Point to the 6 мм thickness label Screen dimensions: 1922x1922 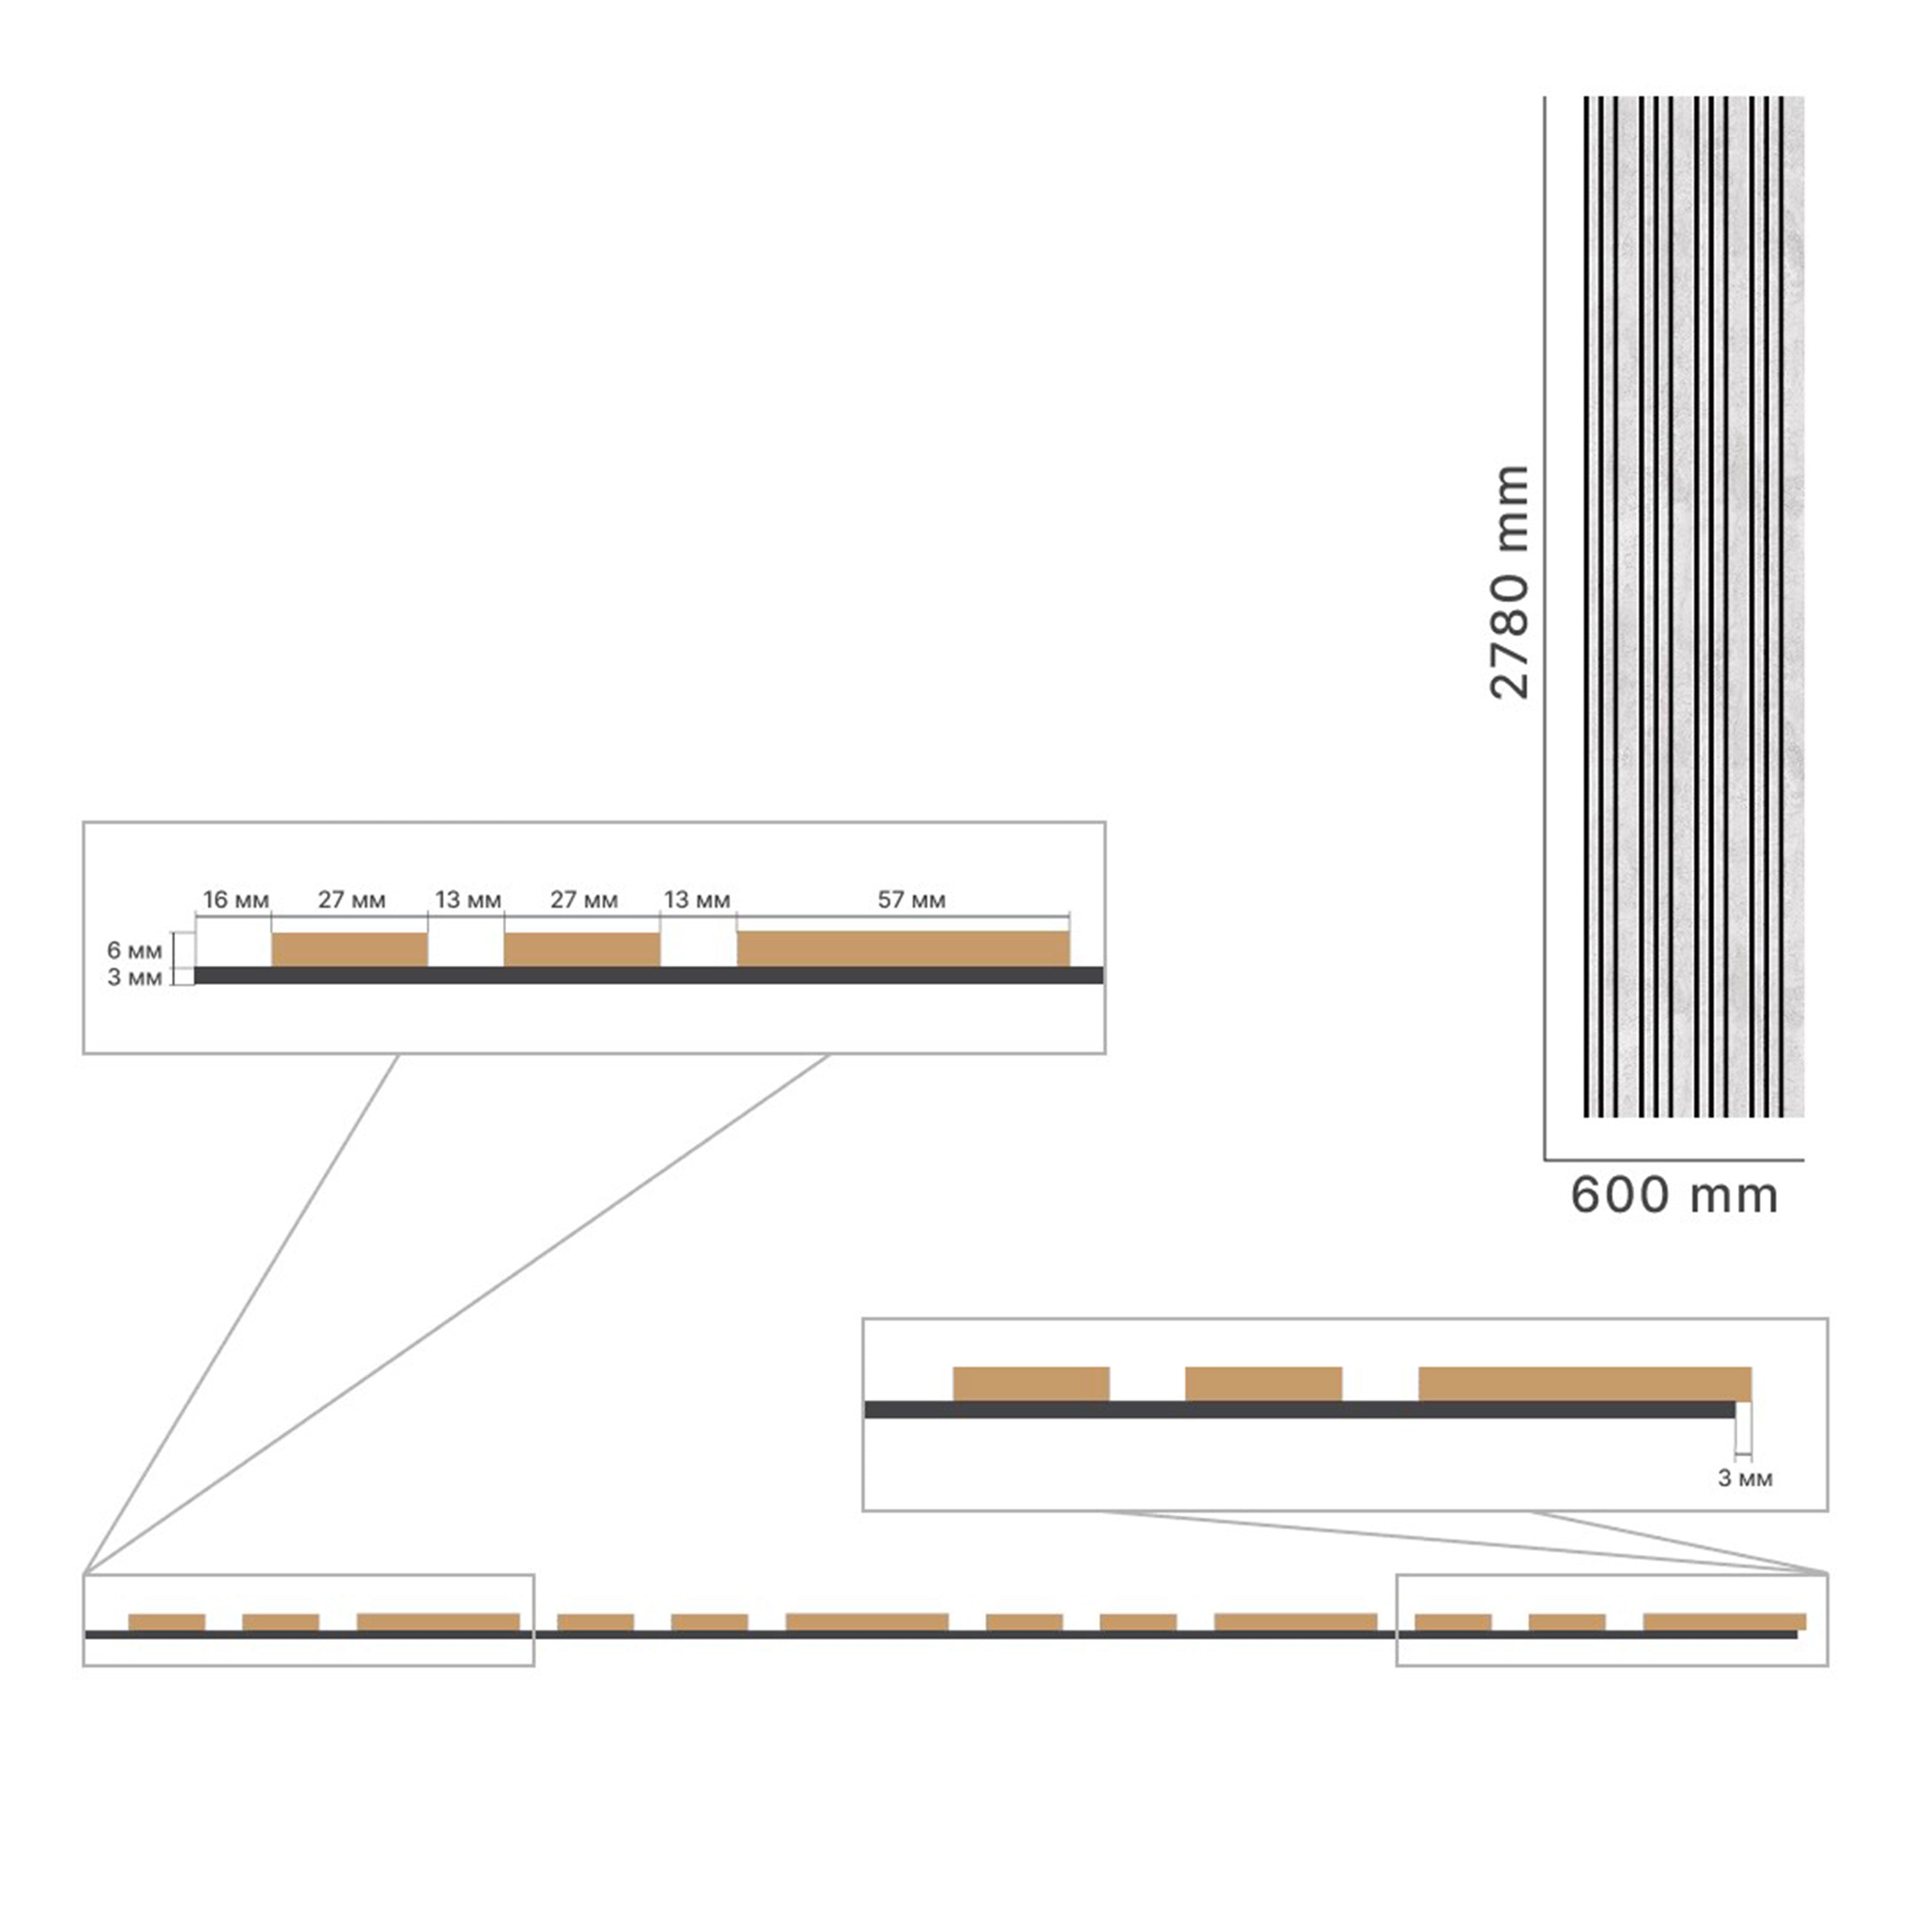click(135, 950)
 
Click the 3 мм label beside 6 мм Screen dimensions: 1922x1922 click(135, 977)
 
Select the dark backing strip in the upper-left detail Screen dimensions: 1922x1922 click(649, 975)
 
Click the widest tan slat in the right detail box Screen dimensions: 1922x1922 click(1585, 1384)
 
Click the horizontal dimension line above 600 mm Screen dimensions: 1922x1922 click(1675, 1160)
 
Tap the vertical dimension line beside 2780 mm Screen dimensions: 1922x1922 click(1545, 628)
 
